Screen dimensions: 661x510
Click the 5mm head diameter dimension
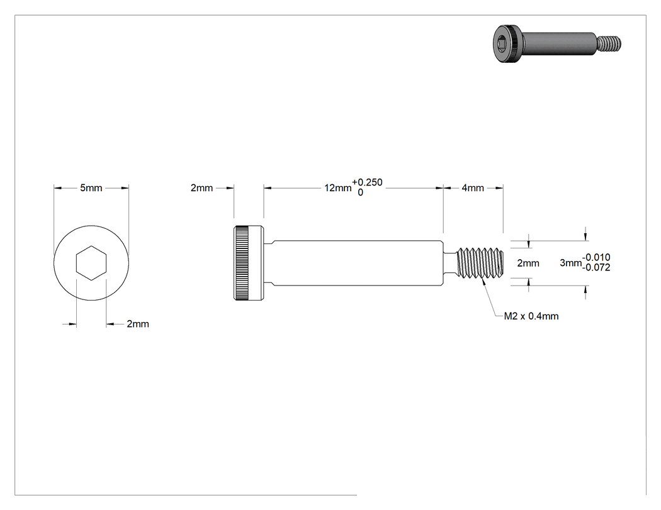click(x=91, y=188)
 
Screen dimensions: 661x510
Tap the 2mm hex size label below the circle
click(x=138, y=324)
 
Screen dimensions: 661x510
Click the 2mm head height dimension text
click(x=201, y=188)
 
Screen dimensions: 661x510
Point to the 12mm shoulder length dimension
click(x=337, y=188)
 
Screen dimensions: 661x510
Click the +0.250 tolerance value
click(x=367, y=182)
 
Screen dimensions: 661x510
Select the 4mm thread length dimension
click(x=473, y=188)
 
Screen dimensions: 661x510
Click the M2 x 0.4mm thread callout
click(x=531, y=316)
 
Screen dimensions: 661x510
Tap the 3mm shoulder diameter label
click(x=571, y=263)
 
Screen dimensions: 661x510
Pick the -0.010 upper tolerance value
click(x=596, y=257)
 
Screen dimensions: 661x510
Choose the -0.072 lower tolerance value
click(x=596, y=267)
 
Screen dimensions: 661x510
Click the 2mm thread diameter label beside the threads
click(x=528, y=263)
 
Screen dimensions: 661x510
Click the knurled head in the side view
click(x=249, y=263)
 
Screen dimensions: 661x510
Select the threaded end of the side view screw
click(x=480, y=263)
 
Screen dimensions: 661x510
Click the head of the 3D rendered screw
click(x=507, y=43)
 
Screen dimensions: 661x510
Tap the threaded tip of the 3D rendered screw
click(x=609, y=43)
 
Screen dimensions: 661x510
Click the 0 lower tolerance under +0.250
click(x=361, y=192)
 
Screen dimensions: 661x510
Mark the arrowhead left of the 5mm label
click(x=58, y=188)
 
